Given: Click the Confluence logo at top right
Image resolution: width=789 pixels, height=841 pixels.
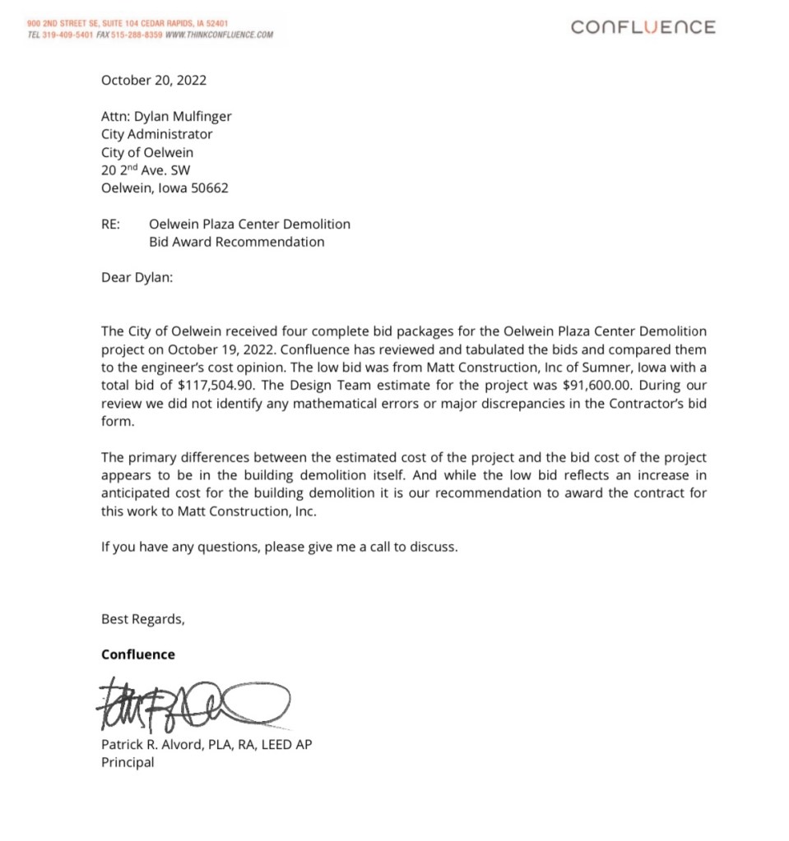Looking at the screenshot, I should (643, 27).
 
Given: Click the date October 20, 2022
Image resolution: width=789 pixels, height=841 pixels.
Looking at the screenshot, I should (154, 81).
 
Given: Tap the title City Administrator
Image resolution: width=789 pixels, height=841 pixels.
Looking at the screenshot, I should (156, 134).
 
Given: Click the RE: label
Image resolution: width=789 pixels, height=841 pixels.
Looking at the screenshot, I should (111, 224).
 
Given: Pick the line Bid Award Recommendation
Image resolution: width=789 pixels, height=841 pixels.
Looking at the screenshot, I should (236, 242).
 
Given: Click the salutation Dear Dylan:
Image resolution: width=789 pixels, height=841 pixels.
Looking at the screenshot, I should (137, 277).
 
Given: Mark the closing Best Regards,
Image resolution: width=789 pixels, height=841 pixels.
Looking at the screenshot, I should (142, 619).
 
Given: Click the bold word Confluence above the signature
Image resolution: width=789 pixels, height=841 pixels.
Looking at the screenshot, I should (137, 654).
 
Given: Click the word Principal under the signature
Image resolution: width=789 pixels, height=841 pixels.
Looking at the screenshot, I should (127, 762).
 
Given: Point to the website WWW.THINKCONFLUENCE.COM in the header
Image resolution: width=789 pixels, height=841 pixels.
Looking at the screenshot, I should (219, 35).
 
